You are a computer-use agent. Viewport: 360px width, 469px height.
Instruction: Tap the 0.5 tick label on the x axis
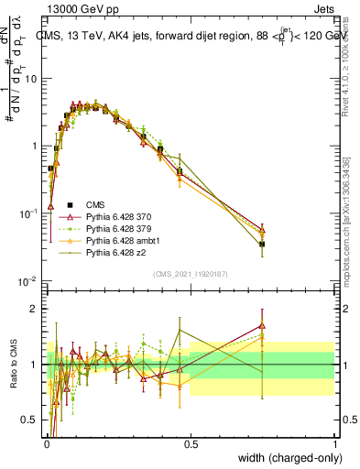pyautogui.click(x=191, y=443)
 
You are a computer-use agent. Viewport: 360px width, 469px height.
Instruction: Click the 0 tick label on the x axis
pyautogui.click(x=46, y=443)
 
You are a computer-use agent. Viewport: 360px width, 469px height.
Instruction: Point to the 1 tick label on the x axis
pyautogui.click(x=335, y=443)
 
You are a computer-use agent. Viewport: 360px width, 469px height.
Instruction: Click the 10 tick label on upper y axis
pyautogui.click(x=31, y=78)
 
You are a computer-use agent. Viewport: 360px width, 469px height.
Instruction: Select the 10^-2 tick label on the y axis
pyautogui.click(x=30, y=281)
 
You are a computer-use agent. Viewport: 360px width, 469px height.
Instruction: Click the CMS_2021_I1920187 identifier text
pyautogui.click(x=191, y=273)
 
